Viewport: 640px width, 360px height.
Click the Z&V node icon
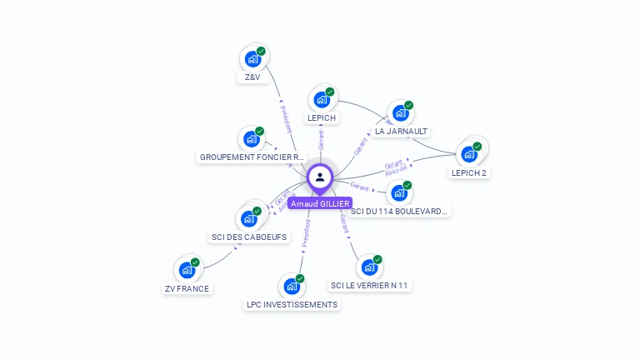(252, 59)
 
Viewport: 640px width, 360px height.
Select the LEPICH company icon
(322, 100)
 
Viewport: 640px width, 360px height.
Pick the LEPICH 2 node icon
(469, 154)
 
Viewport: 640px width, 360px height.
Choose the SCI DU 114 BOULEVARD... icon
(399, 193)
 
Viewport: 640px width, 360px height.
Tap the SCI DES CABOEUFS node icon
(249, 219)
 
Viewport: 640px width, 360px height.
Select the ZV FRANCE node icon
(187, 271)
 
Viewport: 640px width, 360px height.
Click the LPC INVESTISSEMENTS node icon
(292, 287)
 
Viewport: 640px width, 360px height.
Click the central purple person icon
(320, 177)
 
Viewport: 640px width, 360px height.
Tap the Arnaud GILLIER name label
(321, 203)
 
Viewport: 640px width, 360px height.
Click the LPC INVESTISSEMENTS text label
(292, 305)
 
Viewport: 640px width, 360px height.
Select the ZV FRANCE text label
(187, 289)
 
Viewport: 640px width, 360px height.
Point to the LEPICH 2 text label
(468, 173)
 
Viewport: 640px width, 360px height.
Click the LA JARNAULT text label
(401, 132)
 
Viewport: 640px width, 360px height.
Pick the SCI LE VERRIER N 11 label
(370, 286)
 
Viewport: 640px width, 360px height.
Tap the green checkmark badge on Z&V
(261, 52)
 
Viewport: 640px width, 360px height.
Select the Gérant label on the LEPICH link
(321, 139)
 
